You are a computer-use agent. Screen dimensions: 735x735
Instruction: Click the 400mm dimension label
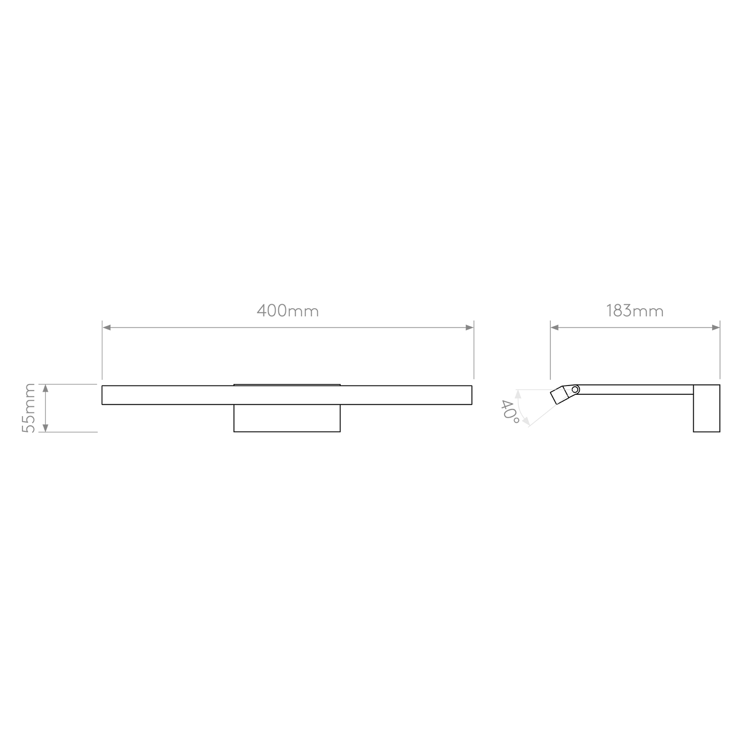point(287,311)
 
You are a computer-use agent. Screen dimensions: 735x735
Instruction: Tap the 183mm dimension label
point(635,311)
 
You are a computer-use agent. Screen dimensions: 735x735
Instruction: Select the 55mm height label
point(28,408)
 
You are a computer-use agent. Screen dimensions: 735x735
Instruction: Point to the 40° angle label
point(510,411)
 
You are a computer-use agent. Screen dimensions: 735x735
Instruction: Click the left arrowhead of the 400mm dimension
point(106,328)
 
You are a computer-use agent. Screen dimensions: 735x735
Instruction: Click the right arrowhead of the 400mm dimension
point(469,328)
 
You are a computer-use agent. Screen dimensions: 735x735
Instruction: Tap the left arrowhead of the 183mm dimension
point(554,328)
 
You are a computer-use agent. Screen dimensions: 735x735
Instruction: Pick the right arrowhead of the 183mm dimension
point(716,328)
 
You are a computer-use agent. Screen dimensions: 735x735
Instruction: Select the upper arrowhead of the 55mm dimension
point(45,388)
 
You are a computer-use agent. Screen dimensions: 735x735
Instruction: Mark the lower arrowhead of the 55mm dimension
point(45,428)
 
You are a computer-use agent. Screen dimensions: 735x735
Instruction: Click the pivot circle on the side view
point(575,390)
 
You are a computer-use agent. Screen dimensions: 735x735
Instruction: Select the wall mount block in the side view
point(707,408)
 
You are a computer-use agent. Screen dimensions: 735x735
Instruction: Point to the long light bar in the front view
point(287,395)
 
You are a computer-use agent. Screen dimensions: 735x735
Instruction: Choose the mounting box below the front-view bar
point(287,418)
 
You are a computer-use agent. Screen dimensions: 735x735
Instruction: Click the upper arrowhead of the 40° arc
point(518,394)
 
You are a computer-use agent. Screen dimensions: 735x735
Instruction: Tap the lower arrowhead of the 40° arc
point(526,422)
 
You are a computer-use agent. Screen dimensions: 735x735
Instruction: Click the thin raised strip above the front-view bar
point(287,385)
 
